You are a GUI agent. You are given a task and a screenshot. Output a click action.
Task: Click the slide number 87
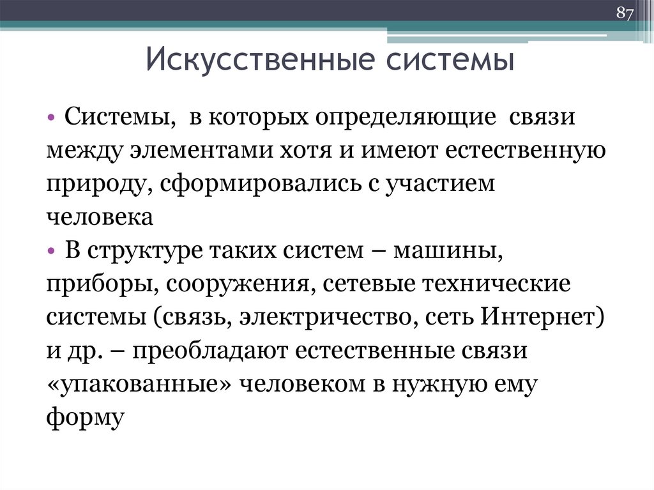point(624,14)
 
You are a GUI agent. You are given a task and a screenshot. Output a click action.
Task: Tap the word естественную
point(521,152)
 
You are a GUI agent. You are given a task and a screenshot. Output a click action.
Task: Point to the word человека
point(99,218)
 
